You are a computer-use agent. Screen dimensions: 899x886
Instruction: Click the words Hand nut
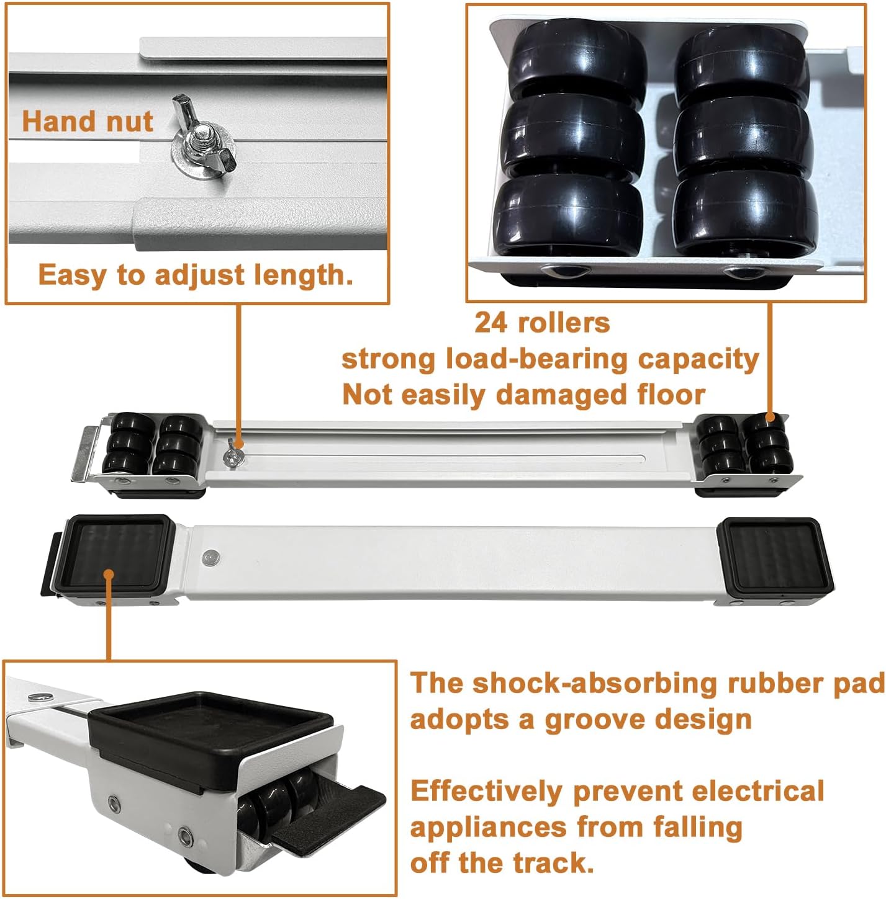pos(87,120)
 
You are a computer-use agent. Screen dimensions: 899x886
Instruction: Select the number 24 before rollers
pos(492,323)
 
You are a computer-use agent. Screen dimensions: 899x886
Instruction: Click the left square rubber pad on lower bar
pos(115,552)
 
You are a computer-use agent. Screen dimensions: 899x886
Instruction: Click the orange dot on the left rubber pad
pos(109,575)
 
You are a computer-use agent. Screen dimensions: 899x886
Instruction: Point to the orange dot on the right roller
pos(770,418)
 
